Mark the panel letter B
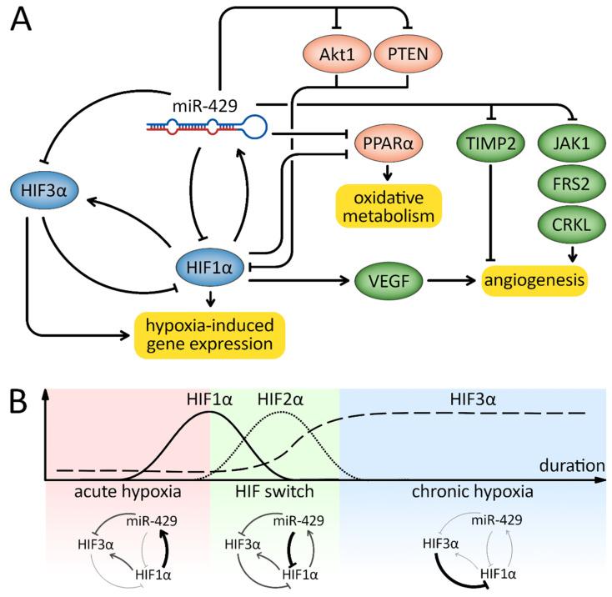point(22,405)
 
